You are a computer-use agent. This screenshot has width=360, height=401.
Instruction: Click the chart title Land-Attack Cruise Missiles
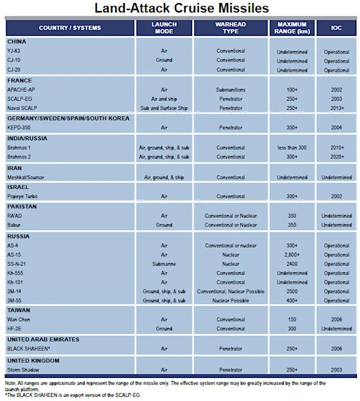click(x=182, y=8)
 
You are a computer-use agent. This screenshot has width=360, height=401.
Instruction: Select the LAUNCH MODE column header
click(x=165, y=28)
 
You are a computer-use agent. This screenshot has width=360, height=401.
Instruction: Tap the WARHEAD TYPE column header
click(x=230, y=28)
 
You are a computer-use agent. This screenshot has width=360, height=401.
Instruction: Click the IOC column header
click(x=336, y=28)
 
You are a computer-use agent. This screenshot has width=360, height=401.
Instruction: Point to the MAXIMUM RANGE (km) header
click(x=292, y=28)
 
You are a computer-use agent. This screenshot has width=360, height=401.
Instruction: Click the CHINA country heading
click(x=17, y=42)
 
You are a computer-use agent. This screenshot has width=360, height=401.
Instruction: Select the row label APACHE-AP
click(x=22, y=90)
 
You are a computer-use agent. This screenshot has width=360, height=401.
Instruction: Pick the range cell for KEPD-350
click(x=292, y=128)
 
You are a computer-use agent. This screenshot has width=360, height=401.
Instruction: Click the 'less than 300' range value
click(x=292, y=148)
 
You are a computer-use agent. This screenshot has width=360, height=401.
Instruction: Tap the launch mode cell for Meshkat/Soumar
click(x=164, y=177)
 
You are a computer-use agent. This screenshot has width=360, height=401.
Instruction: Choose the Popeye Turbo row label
click(x=23, y=196)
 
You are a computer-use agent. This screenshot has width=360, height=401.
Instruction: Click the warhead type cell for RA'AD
click(x=231, y=216)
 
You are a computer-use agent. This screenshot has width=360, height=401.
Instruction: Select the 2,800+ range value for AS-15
click(x=292, y=255)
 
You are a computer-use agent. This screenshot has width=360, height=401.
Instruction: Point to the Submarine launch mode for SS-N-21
click(x=164, y=264)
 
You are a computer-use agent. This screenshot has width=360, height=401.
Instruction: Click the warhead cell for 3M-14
click(x=231, y=292)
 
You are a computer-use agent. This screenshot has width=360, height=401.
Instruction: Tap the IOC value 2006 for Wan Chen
click(x=336, y=320)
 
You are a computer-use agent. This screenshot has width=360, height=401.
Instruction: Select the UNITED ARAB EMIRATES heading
click(x=43, y=340)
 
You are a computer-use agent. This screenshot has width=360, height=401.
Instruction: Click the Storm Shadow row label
click(x=23, y=370)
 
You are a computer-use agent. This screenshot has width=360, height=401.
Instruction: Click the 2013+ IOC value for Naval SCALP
click(x=336, y=108)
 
